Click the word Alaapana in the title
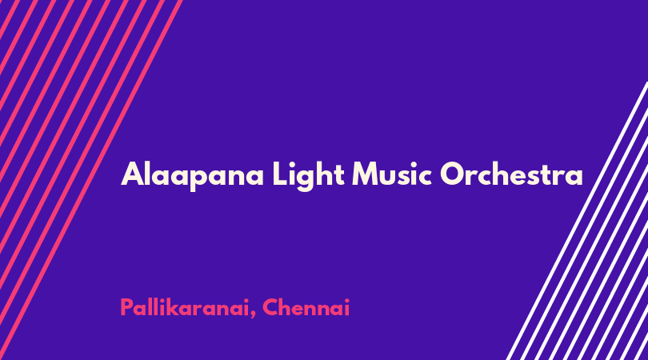click(192, 175)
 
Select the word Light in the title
click(308, 175)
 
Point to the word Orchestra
click(512, 174)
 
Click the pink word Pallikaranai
click(185, 307)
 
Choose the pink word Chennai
click(306, 307)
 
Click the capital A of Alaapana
click(132, 174)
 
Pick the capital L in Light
click(280, 174)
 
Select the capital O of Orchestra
click(453, 174)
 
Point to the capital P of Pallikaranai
click(127, 307)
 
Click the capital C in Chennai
click(270, 307)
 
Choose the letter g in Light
click(307, 179)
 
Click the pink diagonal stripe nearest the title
click(91, 180)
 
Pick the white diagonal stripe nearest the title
click(577, 221)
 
